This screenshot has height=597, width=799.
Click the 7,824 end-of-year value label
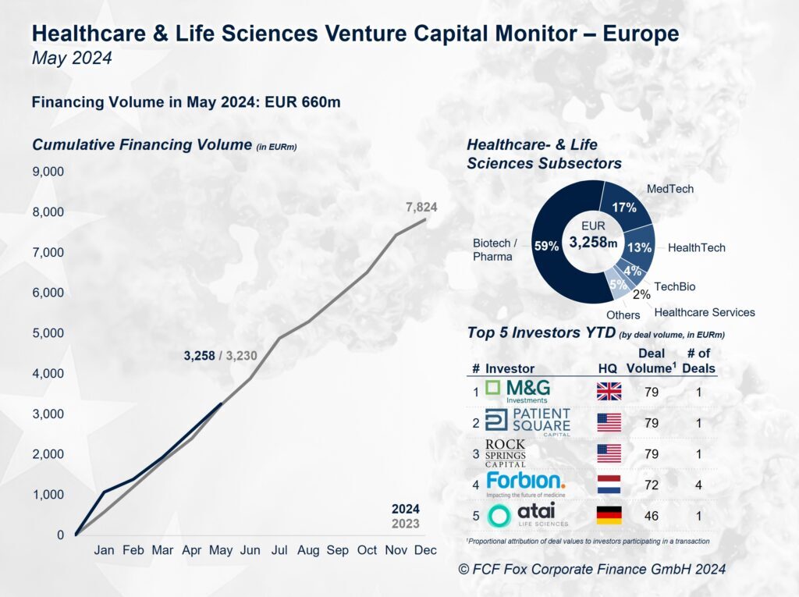[x=421, y=207]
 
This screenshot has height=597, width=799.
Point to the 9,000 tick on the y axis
[x=48, y=172]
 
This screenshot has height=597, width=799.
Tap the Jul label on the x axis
[x=279, y=550]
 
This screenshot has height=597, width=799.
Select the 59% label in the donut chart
[x=546, y=246]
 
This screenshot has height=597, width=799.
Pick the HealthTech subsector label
[x=696, y=248]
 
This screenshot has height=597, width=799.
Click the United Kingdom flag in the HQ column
[x=609, y=392]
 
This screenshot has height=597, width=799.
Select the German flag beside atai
[x=609, y=516]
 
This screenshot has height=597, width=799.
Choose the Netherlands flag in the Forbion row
[x=609, y=485]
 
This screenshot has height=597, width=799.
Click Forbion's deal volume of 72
[x=651, y=485]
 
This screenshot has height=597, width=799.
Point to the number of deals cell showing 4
[x=698, y=485]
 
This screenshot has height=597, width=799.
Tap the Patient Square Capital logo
[x=528, y=421]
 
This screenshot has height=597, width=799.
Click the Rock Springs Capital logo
[x=506, y=453]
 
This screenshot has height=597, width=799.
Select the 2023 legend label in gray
[x=405, y=524]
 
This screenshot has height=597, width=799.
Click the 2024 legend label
[x=405, y=509]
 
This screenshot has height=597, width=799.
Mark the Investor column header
[x=510, y=368]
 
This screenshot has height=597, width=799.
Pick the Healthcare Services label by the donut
[x=705, y=312]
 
